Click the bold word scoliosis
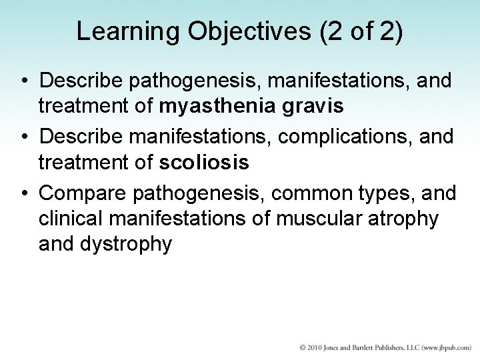(x=204, y=162)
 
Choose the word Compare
(x=83, y=194)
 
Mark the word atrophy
(x=403, y=219)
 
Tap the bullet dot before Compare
(x=23, y=194)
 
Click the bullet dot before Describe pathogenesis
(x=23, y=81)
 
